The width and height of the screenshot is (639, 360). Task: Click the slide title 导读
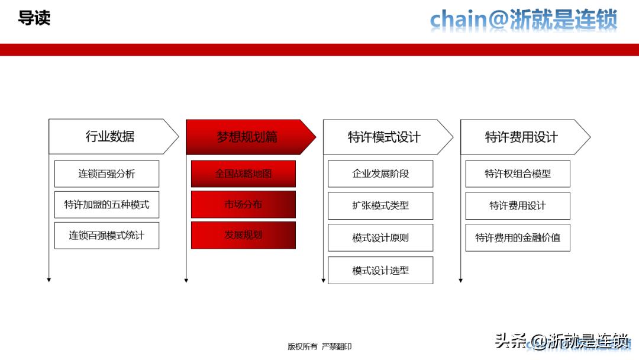34,18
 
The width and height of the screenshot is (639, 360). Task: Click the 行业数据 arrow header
111,137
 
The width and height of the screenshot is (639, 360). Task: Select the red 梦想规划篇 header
247,137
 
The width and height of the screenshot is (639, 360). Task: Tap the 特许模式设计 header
385,137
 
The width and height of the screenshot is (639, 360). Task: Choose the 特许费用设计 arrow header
522,137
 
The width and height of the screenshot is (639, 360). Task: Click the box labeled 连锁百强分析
106,174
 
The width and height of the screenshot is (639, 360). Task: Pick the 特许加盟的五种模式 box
106,205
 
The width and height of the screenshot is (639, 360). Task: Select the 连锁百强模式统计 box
106,236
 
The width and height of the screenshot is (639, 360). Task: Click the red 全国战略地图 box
243,174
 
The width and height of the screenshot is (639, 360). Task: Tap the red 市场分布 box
243,204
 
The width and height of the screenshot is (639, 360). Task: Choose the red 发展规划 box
243,235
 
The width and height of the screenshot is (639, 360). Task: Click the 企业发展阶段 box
380,174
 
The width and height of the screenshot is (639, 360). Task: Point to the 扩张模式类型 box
380,206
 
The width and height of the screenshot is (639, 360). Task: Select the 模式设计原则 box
380,238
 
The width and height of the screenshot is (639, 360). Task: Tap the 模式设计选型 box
380,271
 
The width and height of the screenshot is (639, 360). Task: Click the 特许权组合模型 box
518,174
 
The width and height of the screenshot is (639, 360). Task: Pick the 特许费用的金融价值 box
518,238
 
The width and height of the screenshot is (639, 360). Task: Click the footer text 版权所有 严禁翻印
319,346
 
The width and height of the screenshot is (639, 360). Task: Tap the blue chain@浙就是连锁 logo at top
524,20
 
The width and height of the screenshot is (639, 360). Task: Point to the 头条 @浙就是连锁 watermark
561,341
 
